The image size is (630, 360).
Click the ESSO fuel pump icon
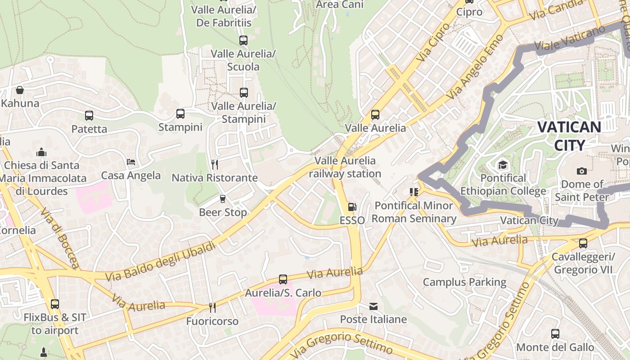click(x=352, y=207)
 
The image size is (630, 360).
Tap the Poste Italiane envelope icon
click(x=373, y=306)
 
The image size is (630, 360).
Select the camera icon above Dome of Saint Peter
click(x=581, y=171)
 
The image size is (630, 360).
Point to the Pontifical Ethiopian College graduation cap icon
click(x=503, y=165)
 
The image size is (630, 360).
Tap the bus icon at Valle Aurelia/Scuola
click(x=243, y=40)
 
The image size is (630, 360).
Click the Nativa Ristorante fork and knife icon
click(x=215, y=165)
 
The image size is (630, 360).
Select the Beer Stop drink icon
click(x=222, y=199)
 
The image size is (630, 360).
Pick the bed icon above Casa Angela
click(x=131, y=162)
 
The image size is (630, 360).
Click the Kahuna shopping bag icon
click(x=20, y=90)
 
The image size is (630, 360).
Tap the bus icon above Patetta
click(x=89, y=116)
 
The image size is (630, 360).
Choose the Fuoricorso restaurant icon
click(x=212, y=308)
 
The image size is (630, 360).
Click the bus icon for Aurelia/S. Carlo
click(x=283, y=279)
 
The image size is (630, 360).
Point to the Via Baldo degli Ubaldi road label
click(x=161, y=260)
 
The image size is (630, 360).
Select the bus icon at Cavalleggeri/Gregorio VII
click(x=583, y=243)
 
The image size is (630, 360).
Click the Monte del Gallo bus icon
click(x=555, y=334)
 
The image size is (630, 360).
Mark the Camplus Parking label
click(x=464, y=282)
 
